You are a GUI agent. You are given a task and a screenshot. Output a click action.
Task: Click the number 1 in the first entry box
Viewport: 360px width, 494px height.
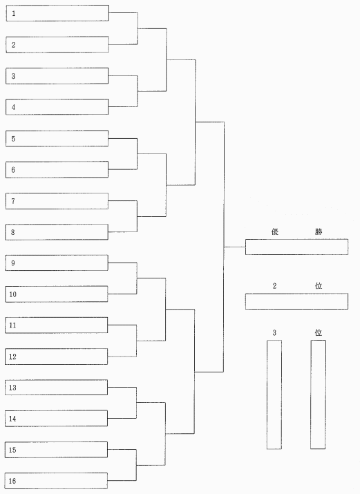(14, 14)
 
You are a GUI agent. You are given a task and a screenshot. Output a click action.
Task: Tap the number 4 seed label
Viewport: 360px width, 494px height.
(13, 107)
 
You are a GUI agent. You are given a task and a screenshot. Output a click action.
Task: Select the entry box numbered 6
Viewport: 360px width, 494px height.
(57, 169)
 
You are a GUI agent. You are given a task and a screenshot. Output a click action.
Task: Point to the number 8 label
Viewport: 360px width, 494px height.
(13, 232)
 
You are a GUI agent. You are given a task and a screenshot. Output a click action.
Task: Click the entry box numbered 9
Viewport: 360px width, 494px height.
(57, 263)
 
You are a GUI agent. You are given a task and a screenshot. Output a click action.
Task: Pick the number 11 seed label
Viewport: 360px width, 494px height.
(12, 325)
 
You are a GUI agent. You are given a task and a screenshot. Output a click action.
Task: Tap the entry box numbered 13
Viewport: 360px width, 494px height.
(57, 387)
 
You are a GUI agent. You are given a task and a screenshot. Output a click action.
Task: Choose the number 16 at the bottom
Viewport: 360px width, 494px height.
(12, 481)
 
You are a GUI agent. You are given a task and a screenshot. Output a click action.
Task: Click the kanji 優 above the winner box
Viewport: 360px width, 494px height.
(275, 231)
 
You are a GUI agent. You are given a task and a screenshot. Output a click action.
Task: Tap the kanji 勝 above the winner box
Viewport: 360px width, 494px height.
(319, 231)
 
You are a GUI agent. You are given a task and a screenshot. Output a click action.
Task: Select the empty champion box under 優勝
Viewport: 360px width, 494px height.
(296, 247)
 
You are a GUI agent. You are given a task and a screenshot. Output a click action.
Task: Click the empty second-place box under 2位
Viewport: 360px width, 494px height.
(296, 301)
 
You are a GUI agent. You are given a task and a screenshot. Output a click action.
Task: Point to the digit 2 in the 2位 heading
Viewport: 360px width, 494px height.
(274, 286)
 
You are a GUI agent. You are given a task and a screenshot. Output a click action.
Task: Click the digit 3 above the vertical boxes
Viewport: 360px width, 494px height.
(274, 332)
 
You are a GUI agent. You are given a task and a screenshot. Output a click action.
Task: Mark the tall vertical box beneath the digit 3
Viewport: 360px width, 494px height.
(274, 395)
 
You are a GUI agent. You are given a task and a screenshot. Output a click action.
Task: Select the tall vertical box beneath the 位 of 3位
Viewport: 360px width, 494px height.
(318, 395)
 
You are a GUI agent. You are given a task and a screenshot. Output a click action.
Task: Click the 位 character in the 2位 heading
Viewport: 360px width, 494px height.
(319, 286)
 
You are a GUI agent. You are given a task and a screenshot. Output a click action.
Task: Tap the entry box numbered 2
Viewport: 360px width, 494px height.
(57, 44)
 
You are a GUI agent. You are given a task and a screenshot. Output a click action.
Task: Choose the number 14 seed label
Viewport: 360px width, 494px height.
(12, 419)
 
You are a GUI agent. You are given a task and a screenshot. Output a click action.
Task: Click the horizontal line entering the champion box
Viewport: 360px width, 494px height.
(235, 247)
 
